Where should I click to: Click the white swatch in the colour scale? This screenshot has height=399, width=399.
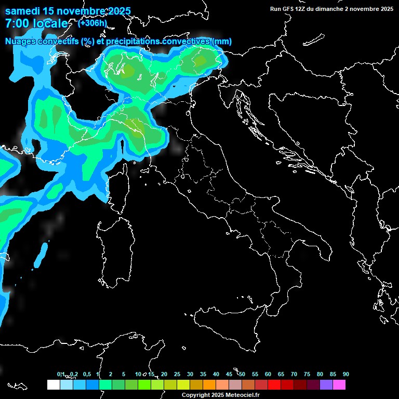coord(53,385)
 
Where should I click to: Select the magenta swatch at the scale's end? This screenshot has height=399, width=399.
coord(339,385)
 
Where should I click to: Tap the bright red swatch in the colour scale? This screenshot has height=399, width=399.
coord(274,385)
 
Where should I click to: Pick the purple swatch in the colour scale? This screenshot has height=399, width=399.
coord(326,385)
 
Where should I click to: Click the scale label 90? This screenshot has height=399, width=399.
coord(346,375)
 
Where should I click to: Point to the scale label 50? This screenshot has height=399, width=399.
coord(242,375)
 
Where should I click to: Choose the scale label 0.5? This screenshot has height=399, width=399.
coord(86,375)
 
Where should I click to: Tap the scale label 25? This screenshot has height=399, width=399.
coord(177,375)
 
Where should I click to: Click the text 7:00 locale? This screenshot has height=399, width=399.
coord(36,24)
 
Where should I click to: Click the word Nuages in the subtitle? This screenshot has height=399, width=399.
coord(21,41)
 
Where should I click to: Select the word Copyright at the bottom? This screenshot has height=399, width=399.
coord(197,395)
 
